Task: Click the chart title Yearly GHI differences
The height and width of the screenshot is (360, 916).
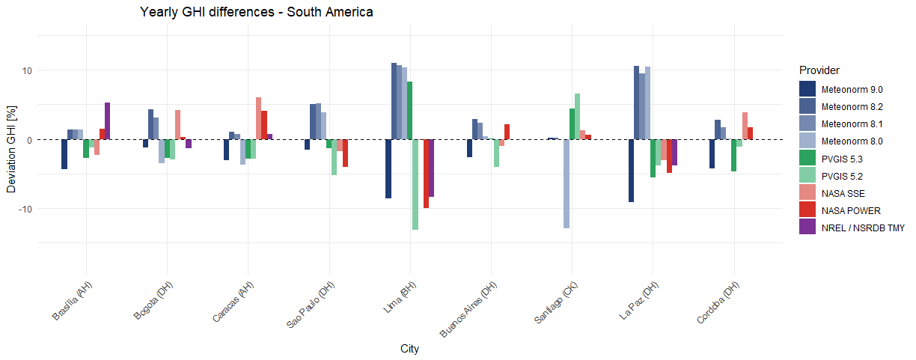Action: click(x=256, y=13)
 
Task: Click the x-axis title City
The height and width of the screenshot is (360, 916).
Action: click(x=409, y=349)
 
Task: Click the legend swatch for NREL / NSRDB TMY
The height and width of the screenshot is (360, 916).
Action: click(x=807, y=228)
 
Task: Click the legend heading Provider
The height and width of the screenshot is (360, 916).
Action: click(x=820, y=70)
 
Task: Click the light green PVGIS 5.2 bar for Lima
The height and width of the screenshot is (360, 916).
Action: click(x=415, y=184)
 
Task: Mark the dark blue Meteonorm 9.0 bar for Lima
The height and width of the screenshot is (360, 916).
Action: click(x=388, y=168)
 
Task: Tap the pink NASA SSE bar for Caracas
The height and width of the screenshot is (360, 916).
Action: click(x=258, y=118)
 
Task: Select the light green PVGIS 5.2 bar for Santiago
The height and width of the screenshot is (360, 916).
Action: click(x=577, y=117)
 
